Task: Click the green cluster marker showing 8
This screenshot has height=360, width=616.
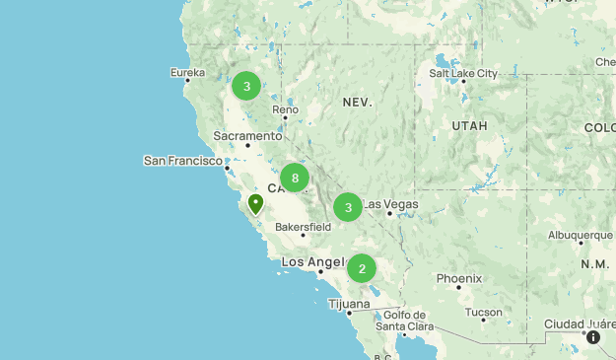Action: [x=295, y=178]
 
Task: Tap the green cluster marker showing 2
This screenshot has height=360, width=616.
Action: [x=362, y=268]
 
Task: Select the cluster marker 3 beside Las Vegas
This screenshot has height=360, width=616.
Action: [x=348, y=207]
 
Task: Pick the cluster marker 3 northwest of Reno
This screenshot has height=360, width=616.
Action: [x=246, y=87]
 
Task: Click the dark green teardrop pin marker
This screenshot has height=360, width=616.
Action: [x=256, y=204]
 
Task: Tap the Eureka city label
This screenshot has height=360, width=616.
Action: [x=187, y=73]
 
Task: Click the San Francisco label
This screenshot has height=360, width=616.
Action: [x=182, y=160]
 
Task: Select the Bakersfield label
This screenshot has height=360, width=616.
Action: [x=303, y=227]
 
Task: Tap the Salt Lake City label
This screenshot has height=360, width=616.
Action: [x=463, y=73]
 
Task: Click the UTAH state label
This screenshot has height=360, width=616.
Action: [x=469, y=126]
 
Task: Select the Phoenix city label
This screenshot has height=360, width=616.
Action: [x=459, y=278]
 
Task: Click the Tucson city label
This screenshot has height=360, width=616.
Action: [x=484, y=312]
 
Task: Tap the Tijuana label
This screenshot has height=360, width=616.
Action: [x=349, y=304]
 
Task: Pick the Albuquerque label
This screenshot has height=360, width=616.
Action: [x=581, y=235]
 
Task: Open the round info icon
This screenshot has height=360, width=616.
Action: [x=593, y=337]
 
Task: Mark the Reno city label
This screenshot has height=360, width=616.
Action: [x=286, y=109]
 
